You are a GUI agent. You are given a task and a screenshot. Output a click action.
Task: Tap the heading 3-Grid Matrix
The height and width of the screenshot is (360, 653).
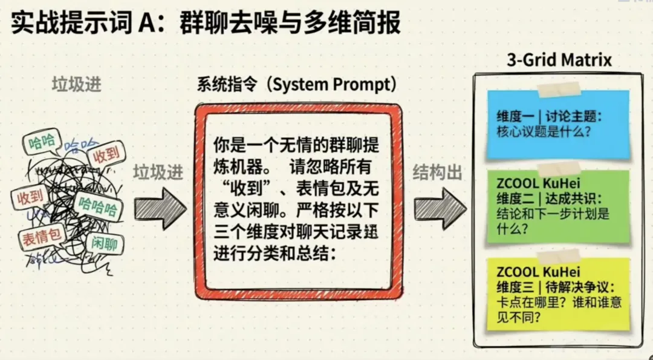tap(559, 60)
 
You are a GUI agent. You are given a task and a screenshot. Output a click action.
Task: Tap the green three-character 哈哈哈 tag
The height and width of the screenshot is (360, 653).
tap(97, 206)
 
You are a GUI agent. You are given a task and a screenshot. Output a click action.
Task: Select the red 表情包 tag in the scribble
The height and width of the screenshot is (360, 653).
tap(41, 236)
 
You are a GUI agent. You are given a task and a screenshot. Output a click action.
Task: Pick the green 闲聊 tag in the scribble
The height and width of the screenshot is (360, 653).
tap(104, 244)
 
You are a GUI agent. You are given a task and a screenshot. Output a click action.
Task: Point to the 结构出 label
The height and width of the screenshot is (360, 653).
tap(438, 173)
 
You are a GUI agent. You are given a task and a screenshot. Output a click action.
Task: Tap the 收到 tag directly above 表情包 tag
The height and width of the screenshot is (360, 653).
tap(30, 197)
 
